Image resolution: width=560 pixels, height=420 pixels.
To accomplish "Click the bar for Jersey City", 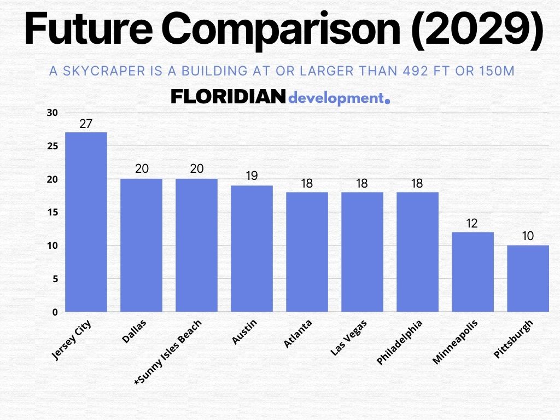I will point(86,222).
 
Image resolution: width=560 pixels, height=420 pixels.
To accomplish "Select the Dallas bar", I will point(141,245).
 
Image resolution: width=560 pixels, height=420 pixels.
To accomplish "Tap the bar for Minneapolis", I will point(472,272).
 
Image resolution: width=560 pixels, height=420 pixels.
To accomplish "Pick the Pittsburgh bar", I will point(527,278).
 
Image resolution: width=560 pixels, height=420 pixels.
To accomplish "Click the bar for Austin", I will point(252,248).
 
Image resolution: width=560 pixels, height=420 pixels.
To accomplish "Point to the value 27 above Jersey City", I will point(86,124).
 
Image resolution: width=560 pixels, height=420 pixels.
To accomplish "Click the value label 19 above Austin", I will point(252,176).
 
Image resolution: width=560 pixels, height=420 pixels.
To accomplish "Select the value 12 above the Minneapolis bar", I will point(472,223).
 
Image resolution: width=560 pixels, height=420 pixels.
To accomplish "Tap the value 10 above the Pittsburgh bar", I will point(527,236).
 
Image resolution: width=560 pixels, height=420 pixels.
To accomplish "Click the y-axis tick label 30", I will point(52,113).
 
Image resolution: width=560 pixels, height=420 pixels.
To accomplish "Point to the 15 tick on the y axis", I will point(52,212).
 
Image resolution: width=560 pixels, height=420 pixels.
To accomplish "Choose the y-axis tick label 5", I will point(54,279).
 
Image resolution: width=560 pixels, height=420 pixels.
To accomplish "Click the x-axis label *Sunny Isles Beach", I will point(168,353).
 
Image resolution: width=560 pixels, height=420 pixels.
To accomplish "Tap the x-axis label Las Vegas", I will point(349,338).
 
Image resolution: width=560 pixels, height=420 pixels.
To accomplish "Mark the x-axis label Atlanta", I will point(298,334).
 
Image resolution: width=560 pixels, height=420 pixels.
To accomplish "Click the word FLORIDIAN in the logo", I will point(228,98).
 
